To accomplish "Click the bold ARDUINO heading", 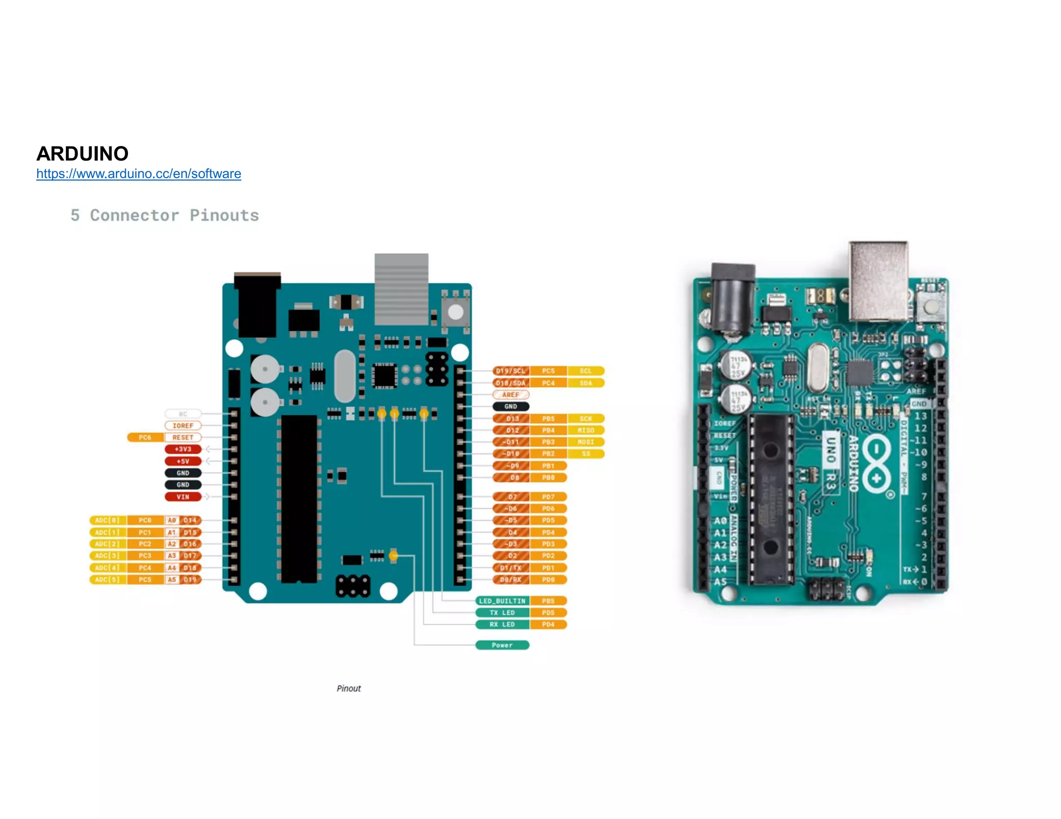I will pos(82,154).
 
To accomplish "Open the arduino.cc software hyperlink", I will pos(138,174).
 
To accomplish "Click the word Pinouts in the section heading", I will pos(224,215).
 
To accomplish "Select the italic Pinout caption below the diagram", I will pos(349,689).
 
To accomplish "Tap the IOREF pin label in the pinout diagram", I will pos(183,426).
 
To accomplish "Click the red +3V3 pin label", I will pos(183,449).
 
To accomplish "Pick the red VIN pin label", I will pos(183,497).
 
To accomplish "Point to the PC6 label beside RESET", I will pos(145,437).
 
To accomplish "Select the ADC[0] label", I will pos(108,520).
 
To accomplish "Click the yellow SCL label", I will pos(585,371).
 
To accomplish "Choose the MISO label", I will pos(585,430).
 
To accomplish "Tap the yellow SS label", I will pos(585,454).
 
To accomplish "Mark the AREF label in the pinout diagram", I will pos(510,395).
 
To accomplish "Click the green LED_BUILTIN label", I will pos(502,601).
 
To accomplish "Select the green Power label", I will pos(502,646).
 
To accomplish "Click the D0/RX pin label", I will pos(510,580).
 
